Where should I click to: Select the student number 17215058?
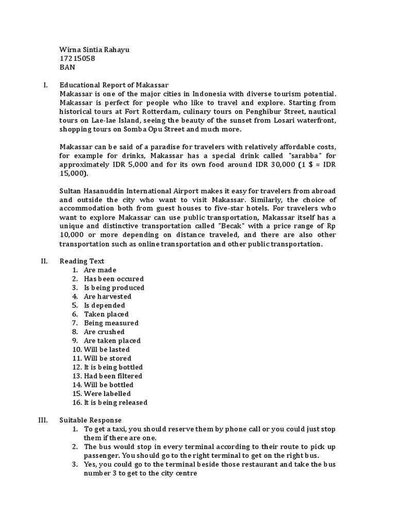pos(77,58)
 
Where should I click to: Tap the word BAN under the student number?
pos(68,67)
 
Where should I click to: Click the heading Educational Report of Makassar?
pos(114,85)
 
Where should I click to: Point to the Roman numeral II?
pos(44,261)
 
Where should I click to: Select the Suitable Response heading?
pos(91,420)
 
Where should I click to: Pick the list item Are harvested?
pos(108,296)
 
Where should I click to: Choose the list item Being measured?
pos(111,323)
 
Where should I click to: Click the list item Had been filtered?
pos(113,376)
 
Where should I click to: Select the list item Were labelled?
pos(107,393)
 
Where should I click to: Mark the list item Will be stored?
pos(107,358)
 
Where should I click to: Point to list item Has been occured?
pos(114,279)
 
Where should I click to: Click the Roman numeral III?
pos(43,420)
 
